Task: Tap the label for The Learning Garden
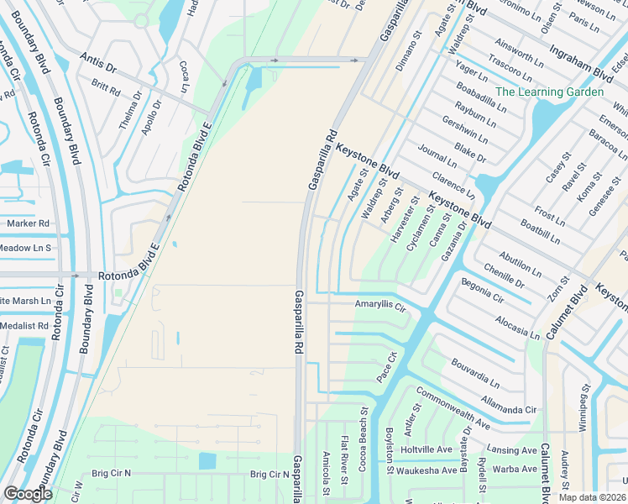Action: [x=549, y=92]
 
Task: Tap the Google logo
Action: [x=28, y=494]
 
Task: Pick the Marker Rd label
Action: [x=28, y=223]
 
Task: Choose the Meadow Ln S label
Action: [x=25, y=248]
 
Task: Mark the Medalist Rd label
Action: [x=24, y=325]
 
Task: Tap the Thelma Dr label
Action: [x=126, y=114]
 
